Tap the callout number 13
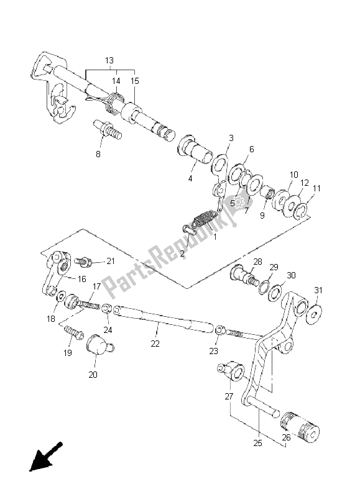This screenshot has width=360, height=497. coord(109,60)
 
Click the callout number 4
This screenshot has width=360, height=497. coord(190,178)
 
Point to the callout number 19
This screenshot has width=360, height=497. coord(67,352)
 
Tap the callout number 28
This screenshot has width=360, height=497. coord(257,261)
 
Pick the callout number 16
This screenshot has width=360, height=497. coord(82,279)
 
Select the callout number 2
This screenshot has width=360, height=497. coord(165,254)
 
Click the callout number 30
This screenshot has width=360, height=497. coord(291,275)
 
